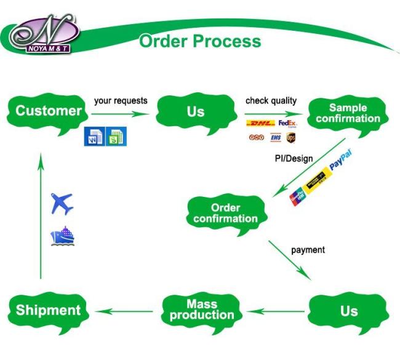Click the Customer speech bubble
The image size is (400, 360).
point(48,111)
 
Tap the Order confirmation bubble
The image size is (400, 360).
point(225,214)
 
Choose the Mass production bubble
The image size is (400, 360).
point(202,310)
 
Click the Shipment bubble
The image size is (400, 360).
point(48,310)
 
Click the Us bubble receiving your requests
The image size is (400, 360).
point(195,111)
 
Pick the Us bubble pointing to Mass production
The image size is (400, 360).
point(348,310)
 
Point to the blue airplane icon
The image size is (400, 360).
point(62,202)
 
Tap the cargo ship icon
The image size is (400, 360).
point(62,236)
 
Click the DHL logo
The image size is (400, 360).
point(260,123)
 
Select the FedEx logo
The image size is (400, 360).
point(287,123)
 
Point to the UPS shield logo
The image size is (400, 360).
point(290,137)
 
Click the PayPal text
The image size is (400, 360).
point(340,161)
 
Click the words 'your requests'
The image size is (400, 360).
point(121,100)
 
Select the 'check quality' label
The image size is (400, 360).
point(271,100)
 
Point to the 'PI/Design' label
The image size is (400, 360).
point(294,159)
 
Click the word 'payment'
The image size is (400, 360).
point(308,250)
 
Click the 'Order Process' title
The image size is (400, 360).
point(200,41)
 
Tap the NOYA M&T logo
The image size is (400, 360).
point(43,34)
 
